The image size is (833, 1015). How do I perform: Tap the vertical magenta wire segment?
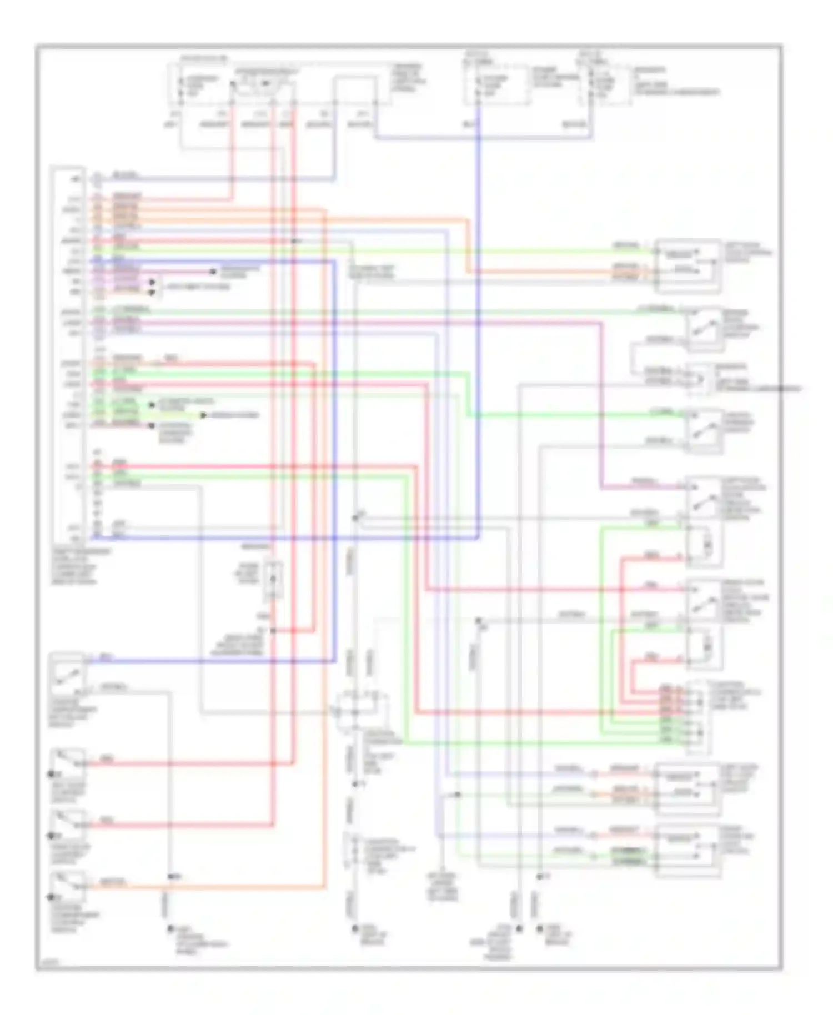point(601,405)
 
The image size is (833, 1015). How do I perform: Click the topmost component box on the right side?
point(688,265)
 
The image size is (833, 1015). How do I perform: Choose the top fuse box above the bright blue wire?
point(495,86)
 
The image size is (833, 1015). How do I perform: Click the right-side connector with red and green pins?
point(699,716)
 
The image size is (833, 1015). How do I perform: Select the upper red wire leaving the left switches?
point(189,764)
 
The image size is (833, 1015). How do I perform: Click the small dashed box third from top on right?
point(701,380)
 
